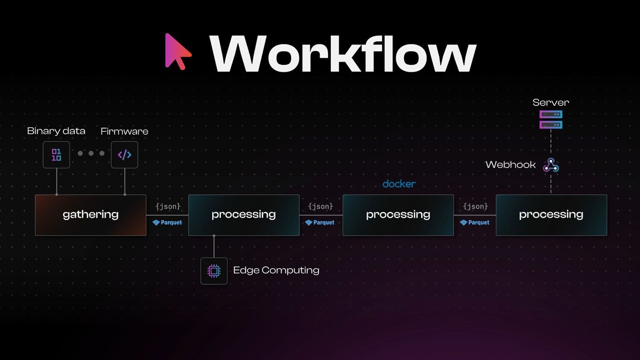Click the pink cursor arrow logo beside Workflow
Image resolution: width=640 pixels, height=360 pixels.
pos(177,51)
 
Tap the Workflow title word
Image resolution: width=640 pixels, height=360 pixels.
pos(343,54)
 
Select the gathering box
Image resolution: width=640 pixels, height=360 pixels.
pos(91,215)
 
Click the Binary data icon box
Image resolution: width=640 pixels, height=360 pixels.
pos(56,155)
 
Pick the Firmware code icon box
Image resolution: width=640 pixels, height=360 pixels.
pos(124,155)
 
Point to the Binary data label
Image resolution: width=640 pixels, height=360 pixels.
pos(56,131)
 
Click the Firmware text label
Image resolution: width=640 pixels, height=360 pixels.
pos(124,131)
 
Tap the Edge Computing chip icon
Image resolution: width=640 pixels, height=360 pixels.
pos(214,271)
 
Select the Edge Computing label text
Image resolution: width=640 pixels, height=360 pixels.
pos(276,270)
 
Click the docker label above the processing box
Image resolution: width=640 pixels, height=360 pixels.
pos(399,184)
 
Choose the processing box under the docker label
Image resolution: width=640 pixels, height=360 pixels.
pos(398,215)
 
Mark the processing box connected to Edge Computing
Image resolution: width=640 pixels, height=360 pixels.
pos(244,215)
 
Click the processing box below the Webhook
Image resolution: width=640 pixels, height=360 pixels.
pos(551,215)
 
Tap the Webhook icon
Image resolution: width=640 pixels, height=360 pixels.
pos(551,165)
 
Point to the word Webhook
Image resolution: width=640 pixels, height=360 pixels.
pos(510,165)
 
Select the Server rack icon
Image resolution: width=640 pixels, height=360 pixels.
pos(551,120)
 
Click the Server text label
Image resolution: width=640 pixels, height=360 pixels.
pos(550,102)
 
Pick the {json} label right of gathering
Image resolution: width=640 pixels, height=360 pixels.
pos(168,206)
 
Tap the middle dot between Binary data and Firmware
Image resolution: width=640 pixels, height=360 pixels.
pos(91,153)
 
